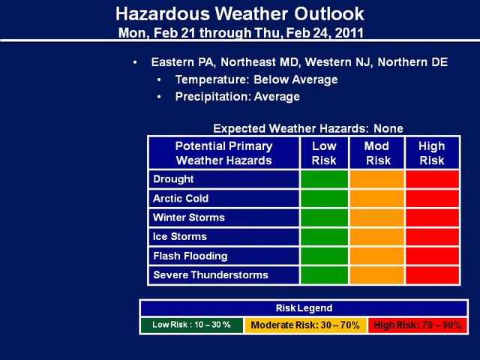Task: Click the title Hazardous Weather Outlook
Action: [x=240, y=13]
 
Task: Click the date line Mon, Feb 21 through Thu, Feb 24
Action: [x=241, y=33]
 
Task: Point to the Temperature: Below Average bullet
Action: [x=256, y=79]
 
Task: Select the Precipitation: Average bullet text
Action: [x=238, y=97]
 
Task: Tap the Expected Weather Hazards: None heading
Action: [x=308, y=128]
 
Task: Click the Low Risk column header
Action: [x=324, y=153]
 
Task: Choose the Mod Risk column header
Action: [x=377, y=153]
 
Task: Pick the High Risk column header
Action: [x=432, y=153]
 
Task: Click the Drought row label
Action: [x=173, y=179]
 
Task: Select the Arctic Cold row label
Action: [x=181, y=198]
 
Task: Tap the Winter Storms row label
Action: [x=189, y=217]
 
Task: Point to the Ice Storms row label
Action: [x=180, y=236]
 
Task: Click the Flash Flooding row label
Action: [x=190, y=256]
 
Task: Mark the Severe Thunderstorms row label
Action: [x=211, y=275]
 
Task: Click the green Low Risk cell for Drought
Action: [x=324, y=179]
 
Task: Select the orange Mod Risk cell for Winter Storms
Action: [x=377, y=217]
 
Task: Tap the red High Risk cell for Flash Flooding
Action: [x=432, y=256]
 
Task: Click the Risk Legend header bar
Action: [x=304, y=308]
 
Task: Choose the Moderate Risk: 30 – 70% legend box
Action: [x=305, y=325]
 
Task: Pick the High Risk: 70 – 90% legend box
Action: [x=418, y=325]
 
